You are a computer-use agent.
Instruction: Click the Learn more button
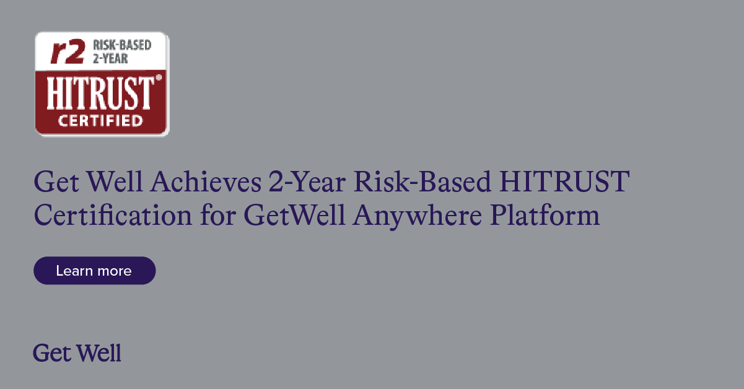coord(95,271)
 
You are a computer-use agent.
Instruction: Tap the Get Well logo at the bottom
coord(77,353)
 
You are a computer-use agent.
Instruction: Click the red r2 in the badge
coord(68,51)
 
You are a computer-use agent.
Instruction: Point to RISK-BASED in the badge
coord(122,45)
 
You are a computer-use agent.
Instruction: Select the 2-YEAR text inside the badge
coord(110,58)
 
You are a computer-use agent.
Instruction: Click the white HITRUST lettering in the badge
coord(100,93)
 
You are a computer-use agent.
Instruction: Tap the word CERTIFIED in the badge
coord(100,121)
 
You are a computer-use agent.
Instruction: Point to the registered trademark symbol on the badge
coord(159,77)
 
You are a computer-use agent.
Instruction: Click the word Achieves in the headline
coord(206,181)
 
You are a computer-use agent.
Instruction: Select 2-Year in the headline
coord(307,181)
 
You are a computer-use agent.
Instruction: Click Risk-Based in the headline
coord(422,181)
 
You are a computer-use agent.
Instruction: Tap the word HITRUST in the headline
coord(564,181)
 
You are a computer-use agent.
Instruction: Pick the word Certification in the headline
coord(113,216)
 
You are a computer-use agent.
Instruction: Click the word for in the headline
coord(218,214)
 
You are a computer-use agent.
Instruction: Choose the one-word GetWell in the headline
coord(294,216)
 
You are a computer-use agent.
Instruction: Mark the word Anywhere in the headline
coord(417,216)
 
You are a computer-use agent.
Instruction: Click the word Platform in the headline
coord(545,214)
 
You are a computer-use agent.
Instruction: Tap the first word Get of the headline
coord(56,181)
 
